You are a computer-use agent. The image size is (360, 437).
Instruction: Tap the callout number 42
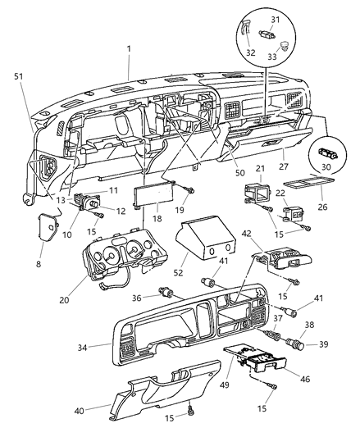click(x=246, y=234)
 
